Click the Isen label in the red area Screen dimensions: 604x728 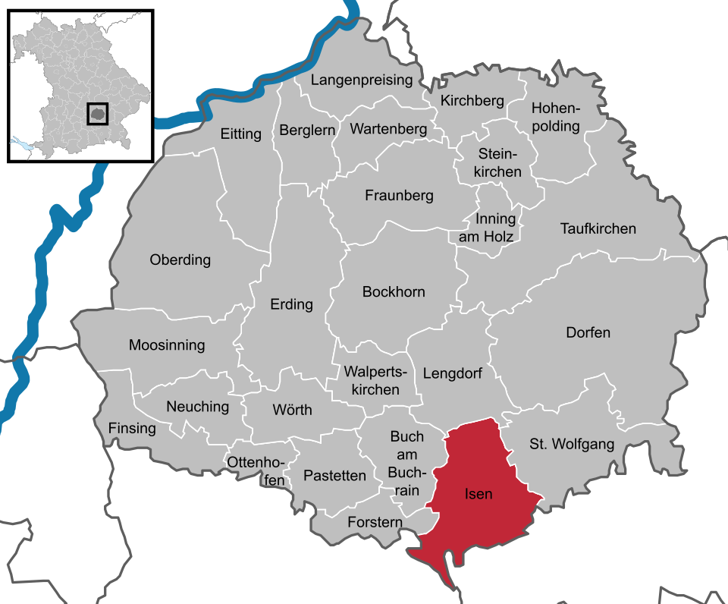[478, 495]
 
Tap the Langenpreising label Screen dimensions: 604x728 [362, 80]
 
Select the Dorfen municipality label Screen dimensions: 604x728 [588, 332]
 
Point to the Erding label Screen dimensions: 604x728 [291, 304]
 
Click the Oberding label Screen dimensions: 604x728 [180, 260]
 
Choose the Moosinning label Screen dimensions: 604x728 [167, 345]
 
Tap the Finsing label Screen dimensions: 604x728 [132, 428]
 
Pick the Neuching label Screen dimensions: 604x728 [197, 407]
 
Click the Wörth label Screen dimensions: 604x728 [292, 410]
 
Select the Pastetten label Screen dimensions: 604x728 [334, 476]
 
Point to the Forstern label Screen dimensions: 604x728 [375, 522]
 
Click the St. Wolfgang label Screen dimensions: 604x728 [572, 444]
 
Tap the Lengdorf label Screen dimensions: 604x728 [452, 373]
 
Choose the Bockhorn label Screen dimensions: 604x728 [394, 291]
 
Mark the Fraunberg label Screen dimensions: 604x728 [399, 196]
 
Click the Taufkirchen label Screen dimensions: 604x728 [598, 228]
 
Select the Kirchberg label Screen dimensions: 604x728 [472, 101]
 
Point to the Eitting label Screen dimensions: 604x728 [240, 134]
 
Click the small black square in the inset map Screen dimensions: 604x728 [97, 114]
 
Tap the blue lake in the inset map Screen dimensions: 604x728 [20, 143]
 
